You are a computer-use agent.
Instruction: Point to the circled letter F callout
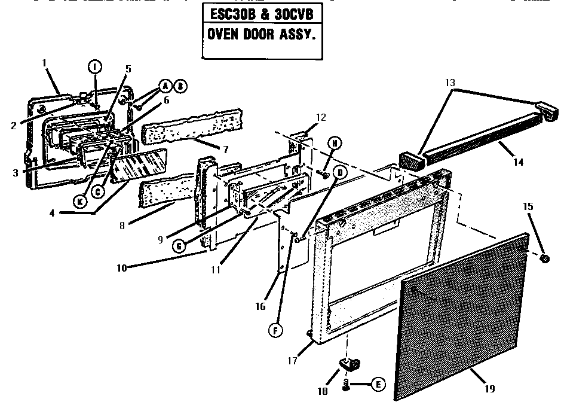coord(275,330)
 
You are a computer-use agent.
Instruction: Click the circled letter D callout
coord(340,172)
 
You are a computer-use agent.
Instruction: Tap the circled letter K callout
coord(79,202)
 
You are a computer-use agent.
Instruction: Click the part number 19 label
coord(489,389)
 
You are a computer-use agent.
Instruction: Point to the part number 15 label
coord(528,206)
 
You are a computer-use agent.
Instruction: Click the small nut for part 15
coord(544,258)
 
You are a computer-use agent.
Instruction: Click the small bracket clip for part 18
coord(349,363)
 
